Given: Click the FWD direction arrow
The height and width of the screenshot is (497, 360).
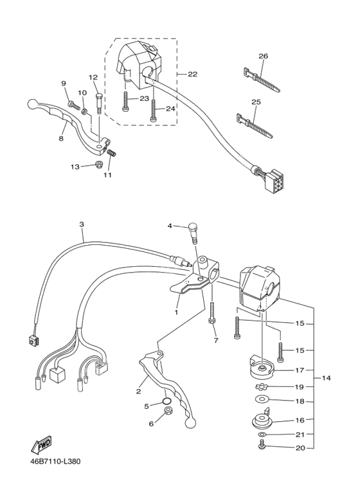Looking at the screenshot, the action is point(41,444).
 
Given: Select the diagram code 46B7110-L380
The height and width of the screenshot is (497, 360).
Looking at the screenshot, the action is point(55,461).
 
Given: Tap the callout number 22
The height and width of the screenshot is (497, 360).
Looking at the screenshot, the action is point(192,74).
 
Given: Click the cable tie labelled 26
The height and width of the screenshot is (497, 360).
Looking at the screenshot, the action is point(262,80).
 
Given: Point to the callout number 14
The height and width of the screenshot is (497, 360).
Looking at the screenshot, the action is point(326,378).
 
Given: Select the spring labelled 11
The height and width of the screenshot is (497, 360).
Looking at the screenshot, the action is point(112,153).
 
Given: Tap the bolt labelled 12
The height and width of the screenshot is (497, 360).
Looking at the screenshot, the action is point(98,103).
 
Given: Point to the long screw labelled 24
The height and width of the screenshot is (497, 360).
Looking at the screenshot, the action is point(153,111).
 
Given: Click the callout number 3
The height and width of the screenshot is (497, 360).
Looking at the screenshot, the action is point(82,224).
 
